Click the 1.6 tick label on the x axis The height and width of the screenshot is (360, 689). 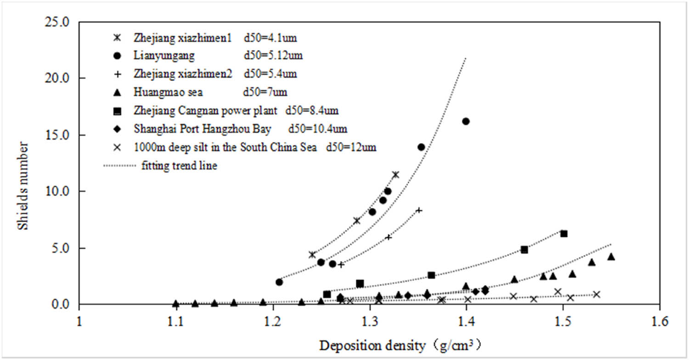click(x=660, y=320)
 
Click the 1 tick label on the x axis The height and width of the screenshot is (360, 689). click(x=79, y=320)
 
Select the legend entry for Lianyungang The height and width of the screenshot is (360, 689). click(x=164, y=56)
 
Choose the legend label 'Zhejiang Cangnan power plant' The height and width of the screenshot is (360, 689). click(x=206, y=111)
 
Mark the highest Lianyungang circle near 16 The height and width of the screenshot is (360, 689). click(x=466, y=121)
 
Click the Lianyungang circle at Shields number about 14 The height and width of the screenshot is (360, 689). click(x=421, y=147)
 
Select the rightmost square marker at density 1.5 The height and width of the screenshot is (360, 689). click(x=564, y=234)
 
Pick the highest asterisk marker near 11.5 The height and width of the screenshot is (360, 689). click(x=395, y=174)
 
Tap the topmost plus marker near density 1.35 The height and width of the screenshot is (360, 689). click(x=418, y=210)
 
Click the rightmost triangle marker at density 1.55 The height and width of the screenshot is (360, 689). click(x=611, y=257)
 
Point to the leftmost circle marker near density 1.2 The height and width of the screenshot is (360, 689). click(x=279, y=282)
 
